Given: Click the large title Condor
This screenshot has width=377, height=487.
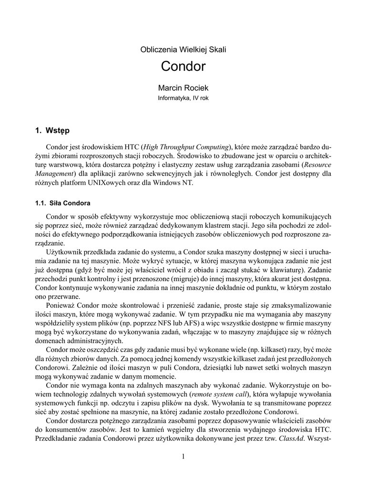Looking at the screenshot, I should pyautogui.click(x=183, y=66).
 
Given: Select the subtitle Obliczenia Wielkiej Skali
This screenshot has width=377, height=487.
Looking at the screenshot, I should pyautogui.click(x=183, y=49).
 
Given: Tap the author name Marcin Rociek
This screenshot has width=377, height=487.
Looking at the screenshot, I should pyautogui.click(x=183, y=88).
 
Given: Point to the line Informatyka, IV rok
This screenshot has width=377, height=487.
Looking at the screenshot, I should pyautogui.click(x=183, y=98).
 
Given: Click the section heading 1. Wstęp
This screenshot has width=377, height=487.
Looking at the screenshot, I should pyautogui.click(x=52, y=130).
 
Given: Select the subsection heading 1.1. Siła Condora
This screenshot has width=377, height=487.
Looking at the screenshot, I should pyautogui.click(x=63, y=204).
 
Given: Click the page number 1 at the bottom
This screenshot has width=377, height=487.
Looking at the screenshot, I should pyautogui.click(x=183, y=457).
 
